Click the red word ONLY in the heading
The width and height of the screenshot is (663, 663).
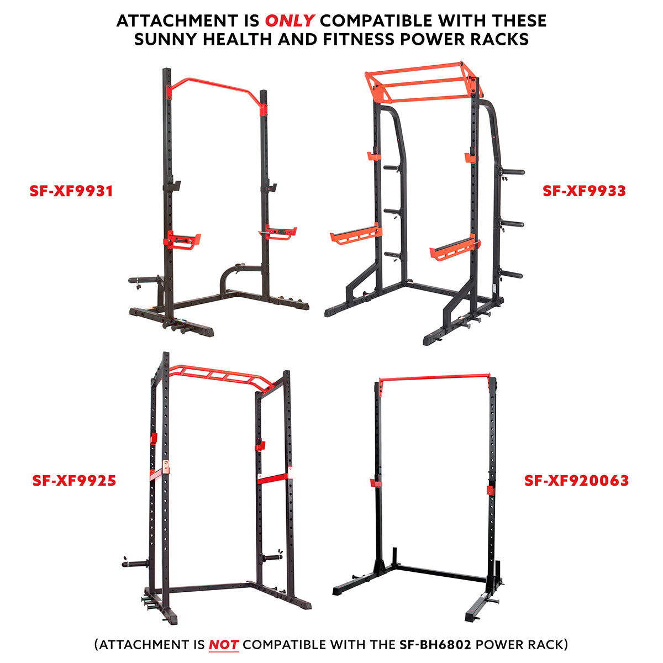[290, 21]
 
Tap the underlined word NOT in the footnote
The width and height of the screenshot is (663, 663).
[223, 644]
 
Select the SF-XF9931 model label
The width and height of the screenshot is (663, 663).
[71, 191]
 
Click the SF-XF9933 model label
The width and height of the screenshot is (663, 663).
[584, 191]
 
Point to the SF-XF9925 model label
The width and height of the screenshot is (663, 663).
[74, 481]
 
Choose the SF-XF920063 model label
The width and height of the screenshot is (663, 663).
[576, 481]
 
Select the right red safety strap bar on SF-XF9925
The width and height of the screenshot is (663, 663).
[273, 476]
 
